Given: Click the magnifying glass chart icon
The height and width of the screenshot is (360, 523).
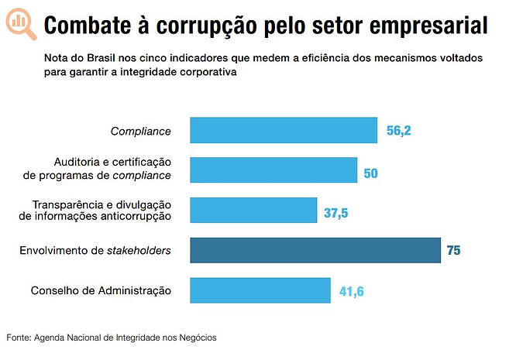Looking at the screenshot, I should [20, 24].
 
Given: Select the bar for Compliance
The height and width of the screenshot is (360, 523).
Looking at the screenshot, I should [284, 130].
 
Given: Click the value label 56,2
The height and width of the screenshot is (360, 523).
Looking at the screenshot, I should [398, 131].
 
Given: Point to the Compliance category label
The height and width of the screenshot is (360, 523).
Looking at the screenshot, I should [140, 131].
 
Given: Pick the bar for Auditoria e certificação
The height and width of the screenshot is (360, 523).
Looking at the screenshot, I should [274, 170].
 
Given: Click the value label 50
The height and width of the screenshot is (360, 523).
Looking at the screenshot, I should [370, 171].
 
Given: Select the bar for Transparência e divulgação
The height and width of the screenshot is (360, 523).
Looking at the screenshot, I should [253, 210].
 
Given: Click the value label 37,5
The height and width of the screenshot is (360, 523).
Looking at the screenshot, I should [335, 211].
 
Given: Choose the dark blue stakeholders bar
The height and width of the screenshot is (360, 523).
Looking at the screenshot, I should [315, 250].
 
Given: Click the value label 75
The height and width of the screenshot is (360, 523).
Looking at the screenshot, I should [453, 251].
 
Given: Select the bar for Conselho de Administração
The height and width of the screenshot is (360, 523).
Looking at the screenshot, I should [260, 290].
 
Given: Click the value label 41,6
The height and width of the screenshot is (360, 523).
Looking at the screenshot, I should [352, 292].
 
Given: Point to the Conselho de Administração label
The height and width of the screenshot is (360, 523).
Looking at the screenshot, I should [101, 290].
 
